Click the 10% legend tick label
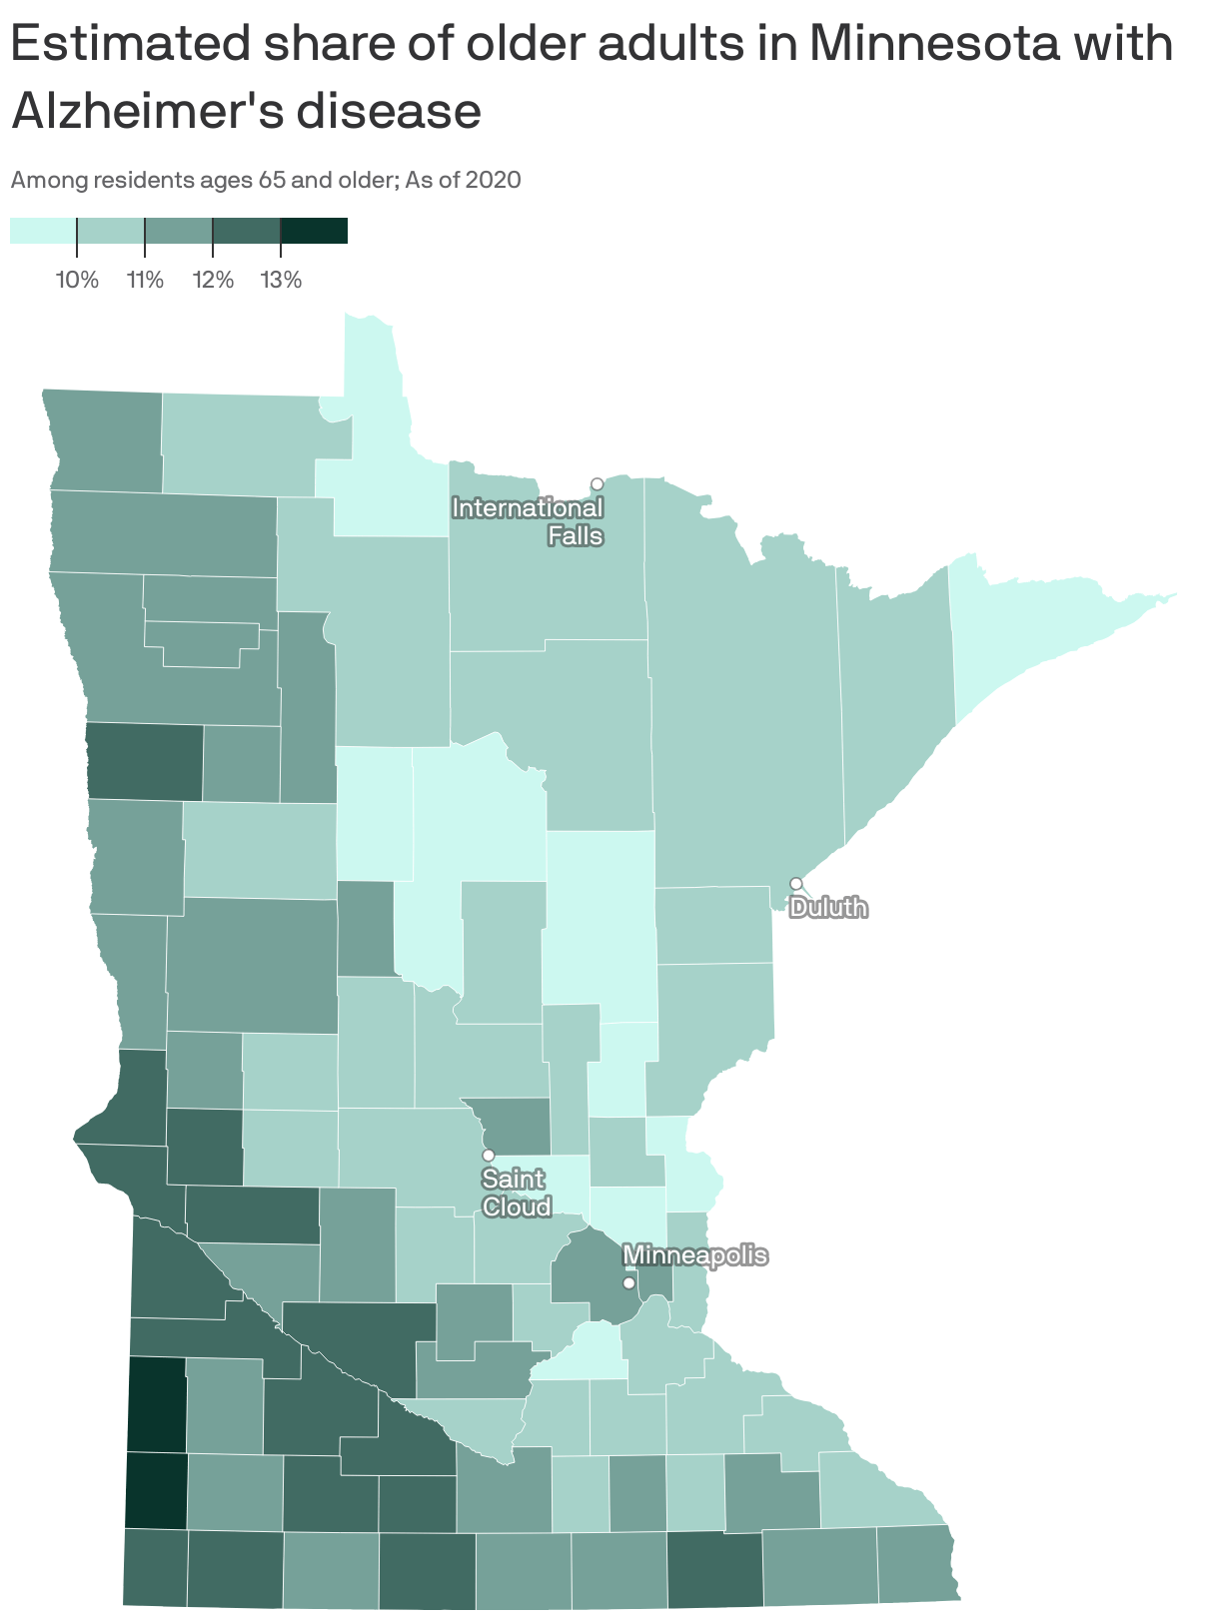[x=77, y=280]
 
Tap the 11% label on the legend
[x=145, y=280]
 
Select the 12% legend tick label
[x=213, y=280]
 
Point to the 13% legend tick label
[x=281, y=280]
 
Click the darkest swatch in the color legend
[x=314, y=231]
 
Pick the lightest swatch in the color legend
[x=43, y=231]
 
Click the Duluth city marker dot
[x=795, y=884]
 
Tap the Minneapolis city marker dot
[x=628, y=1282]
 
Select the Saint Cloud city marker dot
[x=489, y=1155]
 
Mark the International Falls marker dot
[x=597, y=484]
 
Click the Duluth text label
[x=828, y=908]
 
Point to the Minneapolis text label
[x=695, y=1255]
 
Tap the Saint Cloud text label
[x=516, y=1194]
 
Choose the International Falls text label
[x=529, y=521]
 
